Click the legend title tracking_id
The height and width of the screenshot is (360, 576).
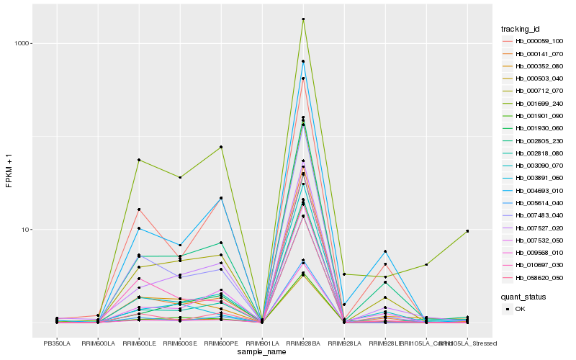(x=521, y=29)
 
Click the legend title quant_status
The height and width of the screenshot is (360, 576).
(x=523, y=296)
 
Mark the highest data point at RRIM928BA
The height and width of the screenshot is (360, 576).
(x=303, y=19)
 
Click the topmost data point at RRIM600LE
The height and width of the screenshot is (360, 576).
(x=139, y=160)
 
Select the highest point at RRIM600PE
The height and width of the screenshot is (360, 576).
(x=221, y=147)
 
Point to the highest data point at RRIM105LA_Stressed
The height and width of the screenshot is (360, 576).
(x=467, y=231)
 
